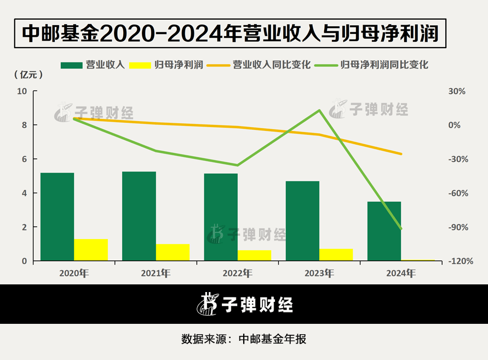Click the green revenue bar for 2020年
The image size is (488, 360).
(57, 217)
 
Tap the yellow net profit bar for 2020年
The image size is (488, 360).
(91, 250)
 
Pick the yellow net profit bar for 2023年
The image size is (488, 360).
(336, 255)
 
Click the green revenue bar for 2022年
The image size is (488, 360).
(221, 217)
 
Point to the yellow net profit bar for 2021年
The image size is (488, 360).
(173, 253)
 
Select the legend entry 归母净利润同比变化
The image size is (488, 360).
(384, 65)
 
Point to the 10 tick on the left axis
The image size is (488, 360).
(22, 92)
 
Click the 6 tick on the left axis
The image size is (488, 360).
(25, 159)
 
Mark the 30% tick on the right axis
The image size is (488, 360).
(457, 92)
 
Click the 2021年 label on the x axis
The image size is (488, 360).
(156, 273)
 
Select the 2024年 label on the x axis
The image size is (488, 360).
(400, 273)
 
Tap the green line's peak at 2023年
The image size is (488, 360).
(319, 111)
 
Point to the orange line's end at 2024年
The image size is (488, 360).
(401, 154)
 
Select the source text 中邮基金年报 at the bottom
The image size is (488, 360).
(273, 339)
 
